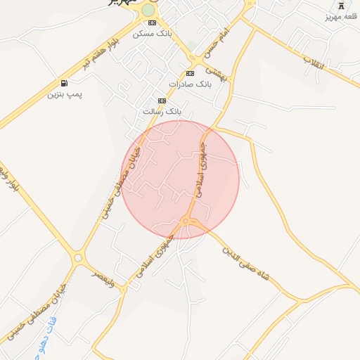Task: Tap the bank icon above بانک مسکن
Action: (x=152, y=22)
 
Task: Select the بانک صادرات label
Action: (x=195, y=84)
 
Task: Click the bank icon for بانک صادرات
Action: (x=190, y=73)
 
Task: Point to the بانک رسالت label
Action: (x=162, y=111)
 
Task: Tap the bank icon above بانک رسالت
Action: (x=162, y=101)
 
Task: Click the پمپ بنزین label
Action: (x=64, y=94)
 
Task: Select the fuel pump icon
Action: (x=65, y=83)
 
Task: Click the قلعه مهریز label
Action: (x=344, y=15)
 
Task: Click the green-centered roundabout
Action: (x=148, y=10)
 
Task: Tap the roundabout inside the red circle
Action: (x=186, y=221)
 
